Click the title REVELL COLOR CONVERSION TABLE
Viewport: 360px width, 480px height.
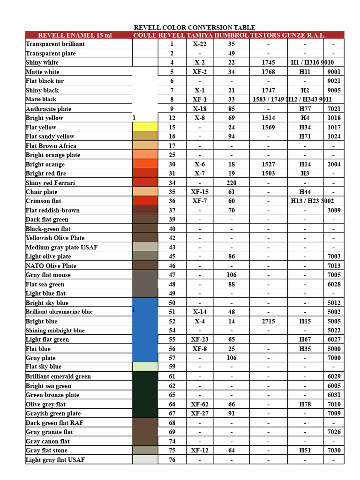click(x=195, y=28)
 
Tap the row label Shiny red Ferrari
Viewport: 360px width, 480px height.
click(x=50, y=183)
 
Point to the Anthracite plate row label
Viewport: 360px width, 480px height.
click(x=48, y=109)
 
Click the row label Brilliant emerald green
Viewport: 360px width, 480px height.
click(x=58, y=376)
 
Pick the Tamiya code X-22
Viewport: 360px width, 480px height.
click(x=200, y=44)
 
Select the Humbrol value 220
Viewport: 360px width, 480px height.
click(x=231, y=183)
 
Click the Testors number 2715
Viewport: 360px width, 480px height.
click(x=268, y=322)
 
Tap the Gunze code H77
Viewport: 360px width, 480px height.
click(x=305, y=109)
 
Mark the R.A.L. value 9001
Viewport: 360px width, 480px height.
click(x=334, y=72)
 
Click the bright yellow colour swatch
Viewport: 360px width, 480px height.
click(x=145, y=127)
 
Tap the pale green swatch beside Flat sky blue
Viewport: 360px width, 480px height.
click(x=145, y=367)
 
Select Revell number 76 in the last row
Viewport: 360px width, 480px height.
click(x=172, y=460)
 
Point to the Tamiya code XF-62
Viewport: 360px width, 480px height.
click(x=200, y=404)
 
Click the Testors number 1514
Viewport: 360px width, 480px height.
click(x=268, y=118)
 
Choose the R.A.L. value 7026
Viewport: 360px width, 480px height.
click(x=334, y=432)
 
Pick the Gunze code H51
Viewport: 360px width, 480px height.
click(x=305, y=450)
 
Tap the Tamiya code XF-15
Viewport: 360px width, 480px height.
click(x=200, y=192)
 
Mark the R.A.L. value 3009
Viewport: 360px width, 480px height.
click(x=334, y=210)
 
